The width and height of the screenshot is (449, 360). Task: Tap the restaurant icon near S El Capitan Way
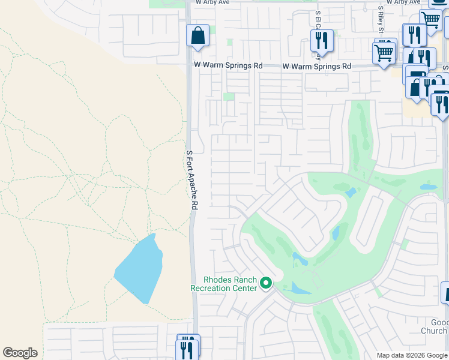[322, 40]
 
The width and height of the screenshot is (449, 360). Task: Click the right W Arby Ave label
[403, 2]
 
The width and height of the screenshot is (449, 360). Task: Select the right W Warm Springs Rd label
[316, 67]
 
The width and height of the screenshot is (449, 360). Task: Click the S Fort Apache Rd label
[191, 179]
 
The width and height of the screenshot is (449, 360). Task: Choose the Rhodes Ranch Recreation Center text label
[223, 284]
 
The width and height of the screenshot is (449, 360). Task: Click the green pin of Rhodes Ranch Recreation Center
[265, 283]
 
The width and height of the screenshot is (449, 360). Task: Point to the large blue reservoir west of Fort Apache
[140, 269]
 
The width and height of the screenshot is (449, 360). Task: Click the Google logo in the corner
[20, 353]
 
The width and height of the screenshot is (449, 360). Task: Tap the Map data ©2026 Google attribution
[412, 355]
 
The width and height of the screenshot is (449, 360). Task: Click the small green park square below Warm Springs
[229, 97]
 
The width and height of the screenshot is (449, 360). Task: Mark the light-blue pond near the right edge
[429, 187]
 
